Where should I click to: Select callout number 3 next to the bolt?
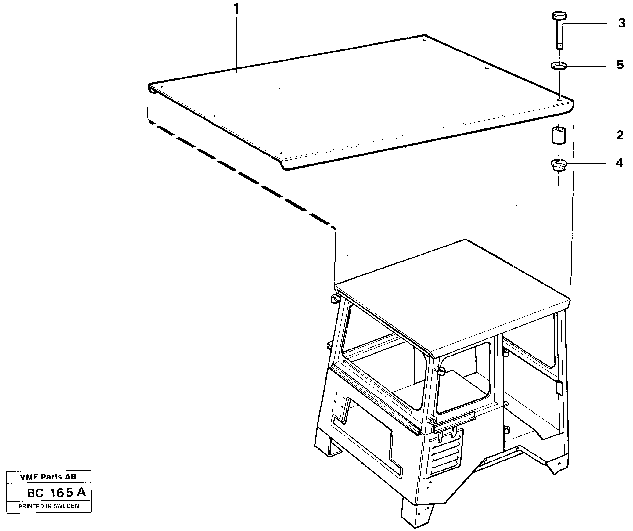[x=621, y=23]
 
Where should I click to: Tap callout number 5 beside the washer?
[x=620, y=65]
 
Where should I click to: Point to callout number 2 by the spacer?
[x=620, y=135]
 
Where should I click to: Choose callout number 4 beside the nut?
[x=619, y=163]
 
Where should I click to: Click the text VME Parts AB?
[x=48, y=477]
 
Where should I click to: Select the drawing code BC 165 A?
[x=56, y=493]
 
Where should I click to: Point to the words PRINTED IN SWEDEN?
[x=49, y=506]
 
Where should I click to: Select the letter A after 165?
[x=81, y=492]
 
